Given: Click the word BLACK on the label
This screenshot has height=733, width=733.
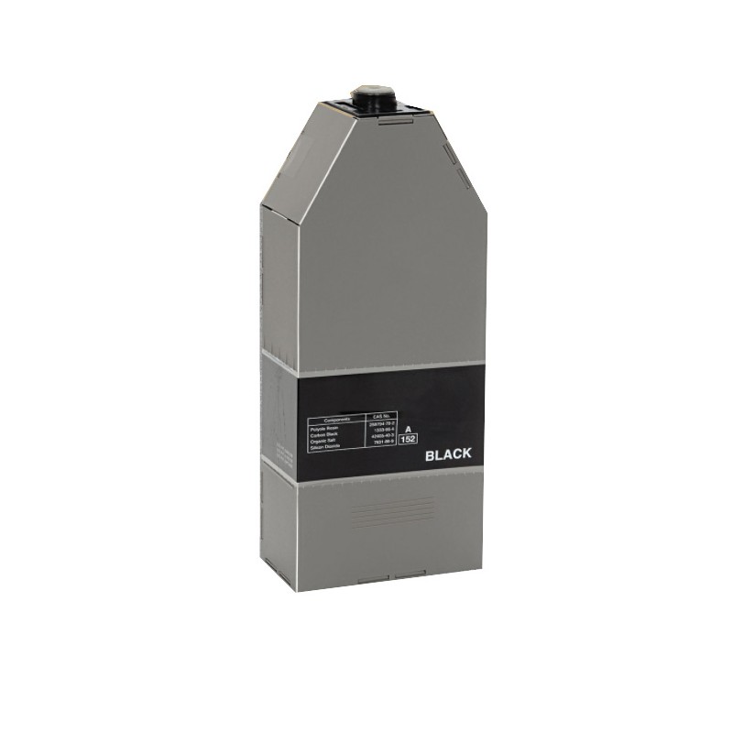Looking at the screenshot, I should click(x=448, y=454).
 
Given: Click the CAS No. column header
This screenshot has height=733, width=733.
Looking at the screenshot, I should click(x=382, y=417).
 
